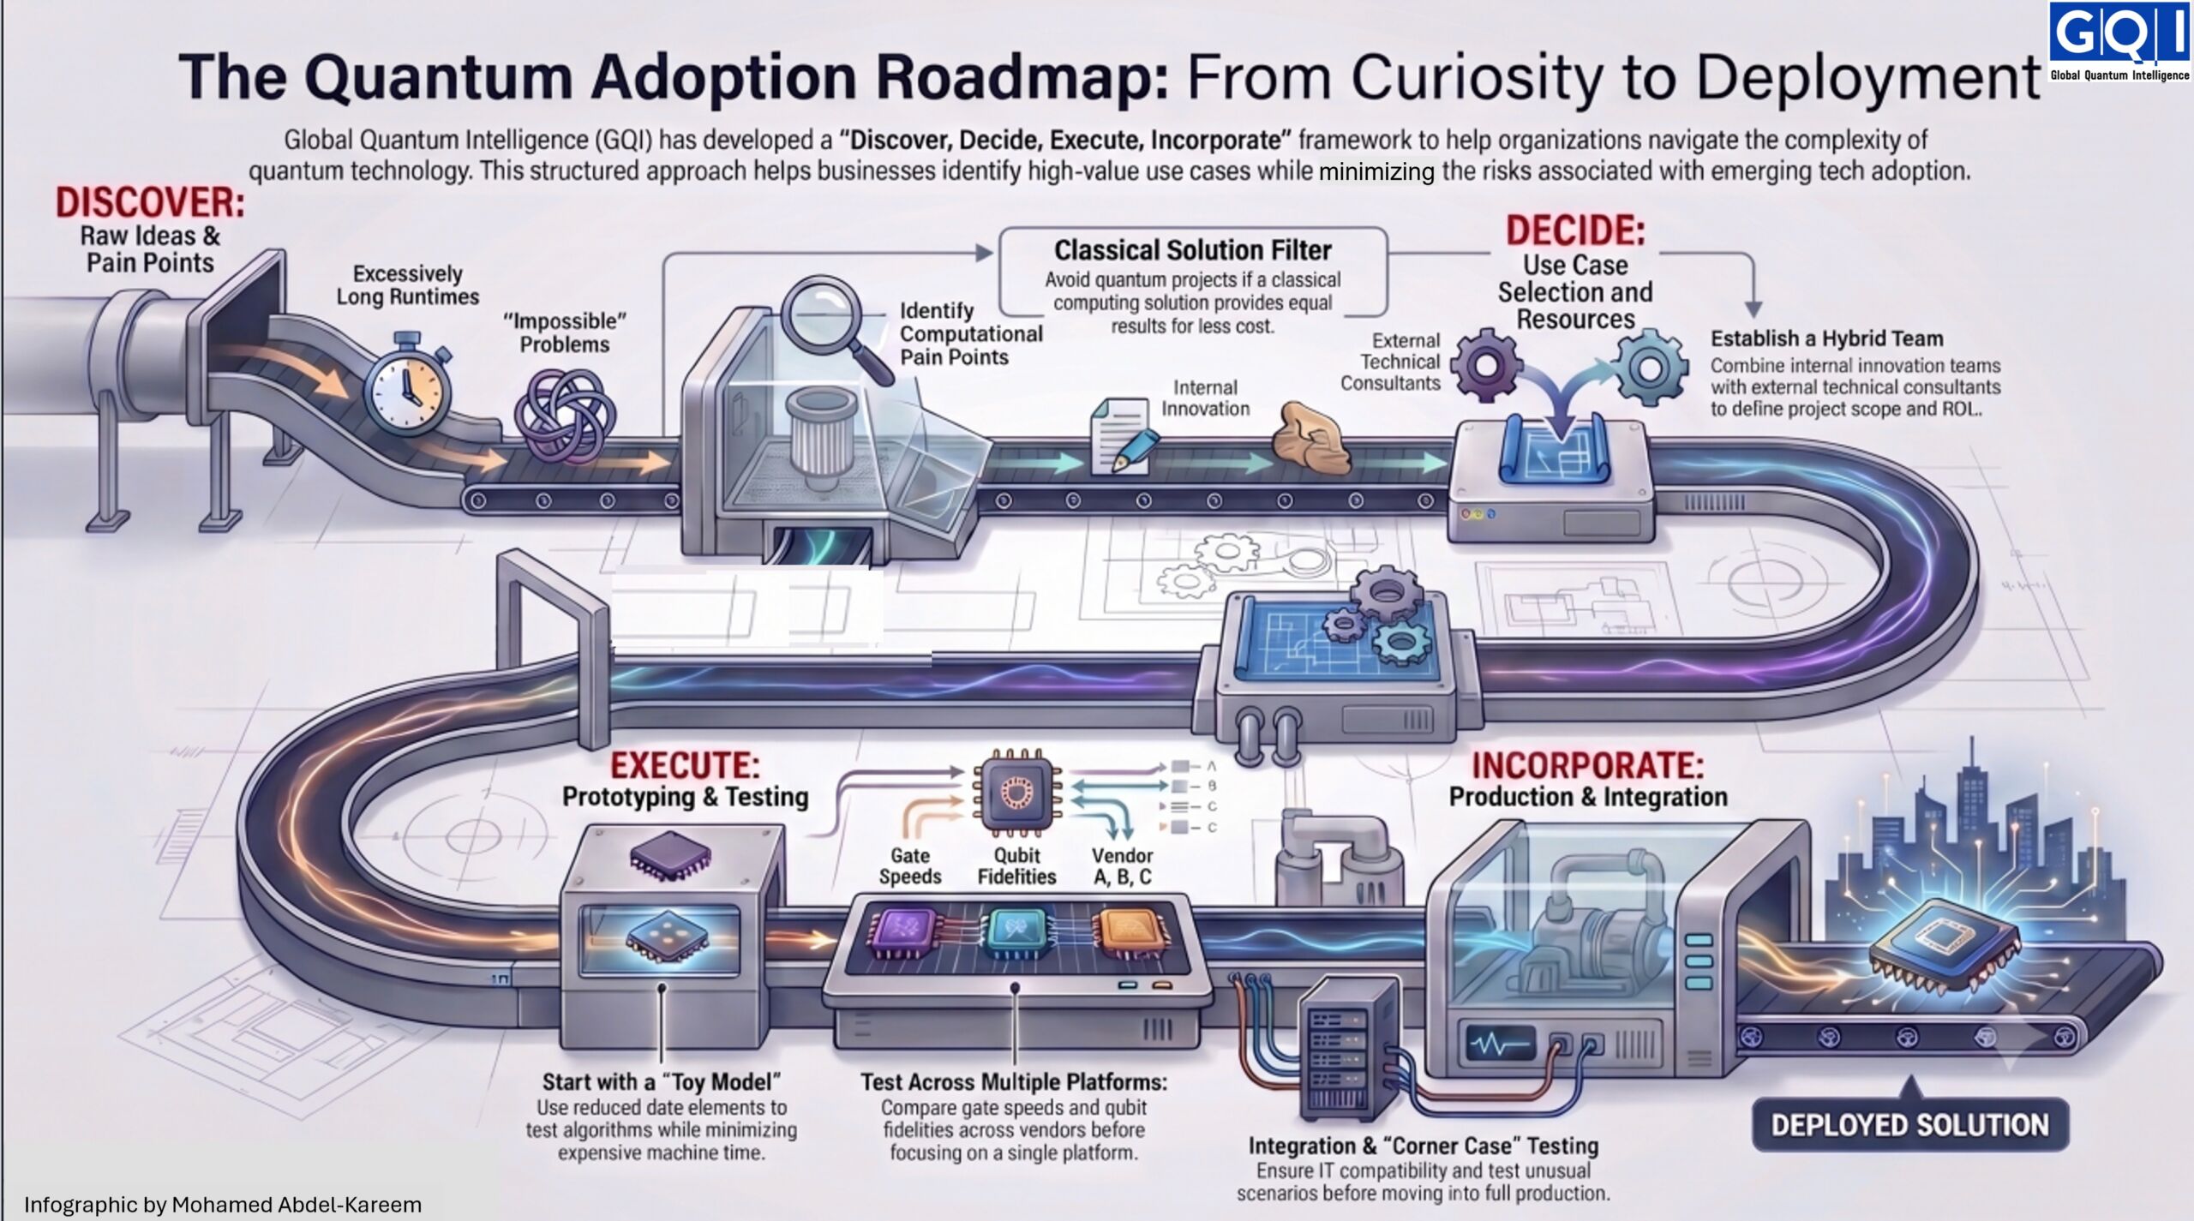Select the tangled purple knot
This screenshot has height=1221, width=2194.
coord(564,417)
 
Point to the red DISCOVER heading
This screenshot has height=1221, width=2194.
coord(150,203)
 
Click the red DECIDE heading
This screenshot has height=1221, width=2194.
coord(1575,230)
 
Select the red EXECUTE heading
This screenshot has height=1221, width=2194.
coord(685,764)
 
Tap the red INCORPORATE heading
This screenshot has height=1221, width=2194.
coord(1588,765)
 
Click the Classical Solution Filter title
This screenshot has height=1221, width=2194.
coord(1192,250)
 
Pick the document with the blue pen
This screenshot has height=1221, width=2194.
coord(1120,436)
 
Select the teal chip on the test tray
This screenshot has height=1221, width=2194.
coord(1018,932)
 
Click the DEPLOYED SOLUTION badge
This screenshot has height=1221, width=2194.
coord(1909,1125)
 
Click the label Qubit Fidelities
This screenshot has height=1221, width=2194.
coord(1016,865)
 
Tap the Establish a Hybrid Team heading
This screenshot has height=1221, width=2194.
coord(1827,338)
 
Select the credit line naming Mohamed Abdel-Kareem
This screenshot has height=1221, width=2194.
coord(223,1205)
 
